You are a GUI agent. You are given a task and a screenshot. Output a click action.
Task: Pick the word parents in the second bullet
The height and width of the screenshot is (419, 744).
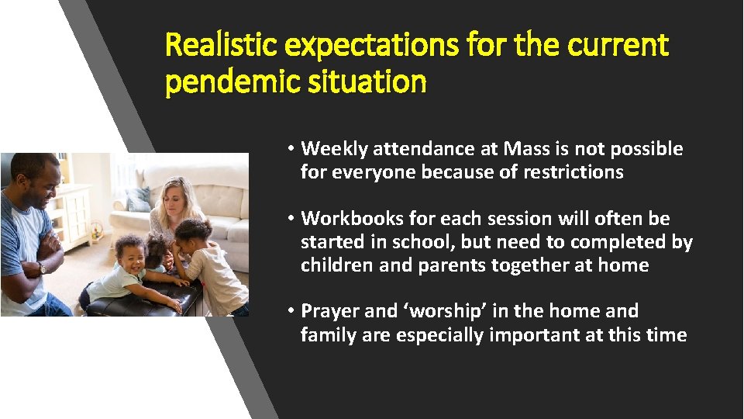[449, 265]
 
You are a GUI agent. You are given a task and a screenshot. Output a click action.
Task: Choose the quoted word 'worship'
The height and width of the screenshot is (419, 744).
[445, 311]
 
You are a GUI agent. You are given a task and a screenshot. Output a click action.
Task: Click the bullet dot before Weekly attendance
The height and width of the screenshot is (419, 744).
[288, 149]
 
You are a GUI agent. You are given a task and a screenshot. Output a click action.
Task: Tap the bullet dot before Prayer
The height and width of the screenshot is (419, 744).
[288, 312]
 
